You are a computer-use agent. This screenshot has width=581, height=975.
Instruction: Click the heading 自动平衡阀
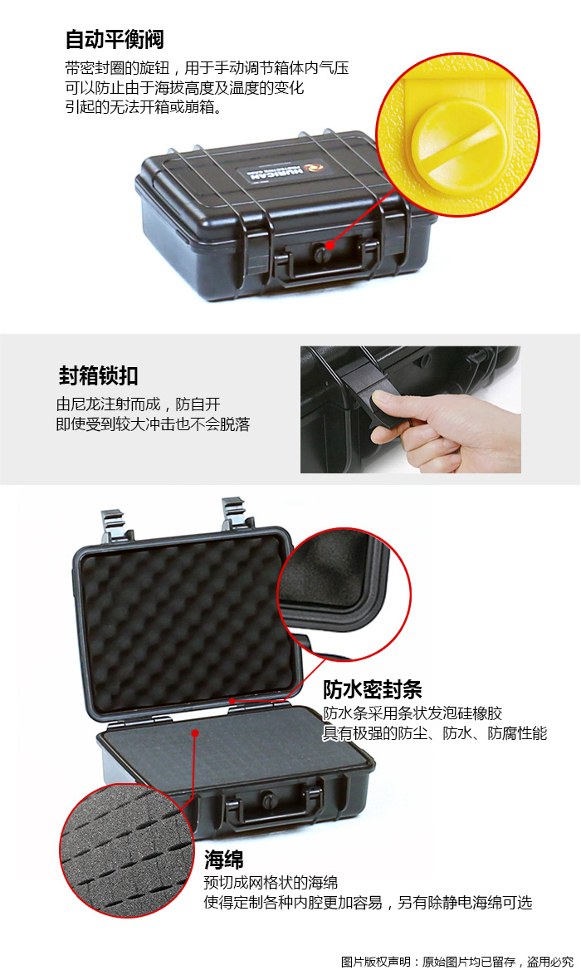click(115, 39)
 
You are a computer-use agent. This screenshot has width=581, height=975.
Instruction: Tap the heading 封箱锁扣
click(98, 375)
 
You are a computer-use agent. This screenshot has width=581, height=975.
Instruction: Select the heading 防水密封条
click(372, 689)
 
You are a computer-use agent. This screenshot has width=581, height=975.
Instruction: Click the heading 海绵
click(224, 860)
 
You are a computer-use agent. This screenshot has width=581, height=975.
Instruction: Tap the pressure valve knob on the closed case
click(320, 253)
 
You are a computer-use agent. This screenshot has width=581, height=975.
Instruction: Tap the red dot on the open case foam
click(195, 733)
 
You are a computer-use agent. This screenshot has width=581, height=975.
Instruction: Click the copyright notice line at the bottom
click(456, 962)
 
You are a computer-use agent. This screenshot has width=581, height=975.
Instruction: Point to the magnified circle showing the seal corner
click(344, 593)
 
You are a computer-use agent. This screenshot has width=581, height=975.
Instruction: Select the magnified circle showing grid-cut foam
click(127, 850)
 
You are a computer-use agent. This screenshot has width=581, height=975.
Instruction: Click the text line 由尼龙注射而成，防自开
click(138, 404)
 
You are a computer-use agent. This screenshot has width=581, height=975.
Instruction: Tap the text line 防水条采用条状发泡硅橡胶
click(413, 713)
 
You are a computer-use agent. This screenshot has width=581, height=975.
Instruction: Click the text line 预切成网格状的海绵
click(271, 882)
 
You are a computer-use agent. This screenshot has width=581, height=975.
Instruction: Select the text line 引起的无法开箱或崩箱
click(144, 107)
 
